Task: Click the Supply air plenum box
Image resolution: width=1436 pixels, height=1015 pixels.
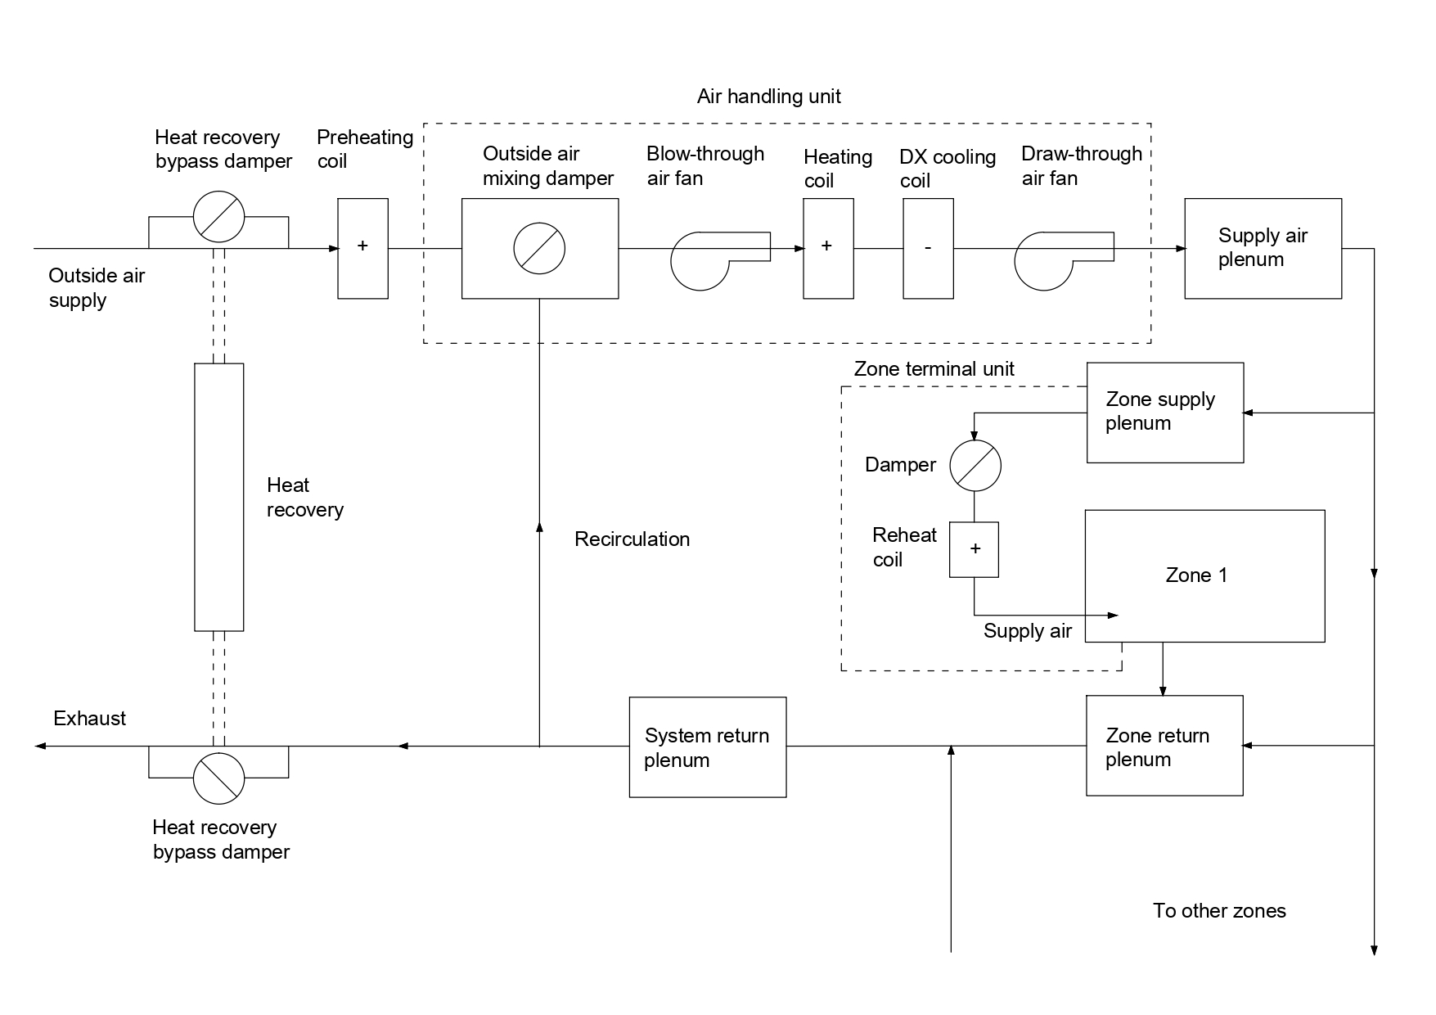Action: (x=1263, y=248)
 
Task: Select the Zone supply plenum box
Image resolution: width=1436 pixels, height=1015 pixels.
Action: (x=1164, y=413)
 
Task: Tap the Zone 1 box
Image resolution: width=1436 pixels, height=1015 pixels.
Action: (x=1204, y=575)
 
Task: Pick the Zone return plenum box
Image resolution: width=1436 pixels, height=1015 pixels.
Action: (x=1164, y=746)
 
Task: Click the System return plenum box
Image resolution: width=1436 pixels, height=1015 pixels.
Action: (x=707, y=747)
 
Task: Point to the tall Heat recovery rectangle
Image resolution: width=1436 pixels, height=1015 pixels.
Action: (x=218, y=497)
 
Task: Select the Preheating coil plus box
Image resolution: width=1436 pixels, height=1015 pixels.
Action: (x=362, y=248)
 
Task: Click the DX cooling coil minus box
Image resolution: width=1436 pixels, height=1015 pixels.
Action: (x=928, y=248)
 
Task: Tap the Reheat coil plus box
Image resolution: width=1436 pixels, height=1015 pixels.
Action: (x=974, y=549)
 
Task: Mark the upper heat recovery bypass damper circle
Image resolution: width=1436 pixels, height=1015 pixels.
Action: (x=218, y=217)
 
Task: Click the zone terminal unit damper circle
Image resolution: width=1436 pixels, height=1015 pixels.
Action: (x=975, y=466)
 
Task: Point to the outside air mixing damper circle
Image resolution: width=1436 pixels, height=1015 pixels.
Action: (x=539, y=248)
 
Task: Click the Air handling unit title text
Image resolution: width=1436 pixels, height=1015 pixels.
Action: (x=768, y=97)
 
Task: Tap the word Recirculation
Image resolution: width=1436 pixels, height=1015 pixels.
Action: (x=632, y=539)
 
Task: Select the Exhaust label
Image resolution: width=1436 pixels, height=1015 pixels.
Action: (x=89, y=719)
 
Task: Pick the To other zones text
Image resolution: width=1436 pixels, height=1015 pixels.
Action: (x=1219, y=911)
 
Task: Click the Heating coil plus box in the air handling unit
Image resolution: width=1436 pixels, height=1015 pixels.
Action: (x=828, y=248)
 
